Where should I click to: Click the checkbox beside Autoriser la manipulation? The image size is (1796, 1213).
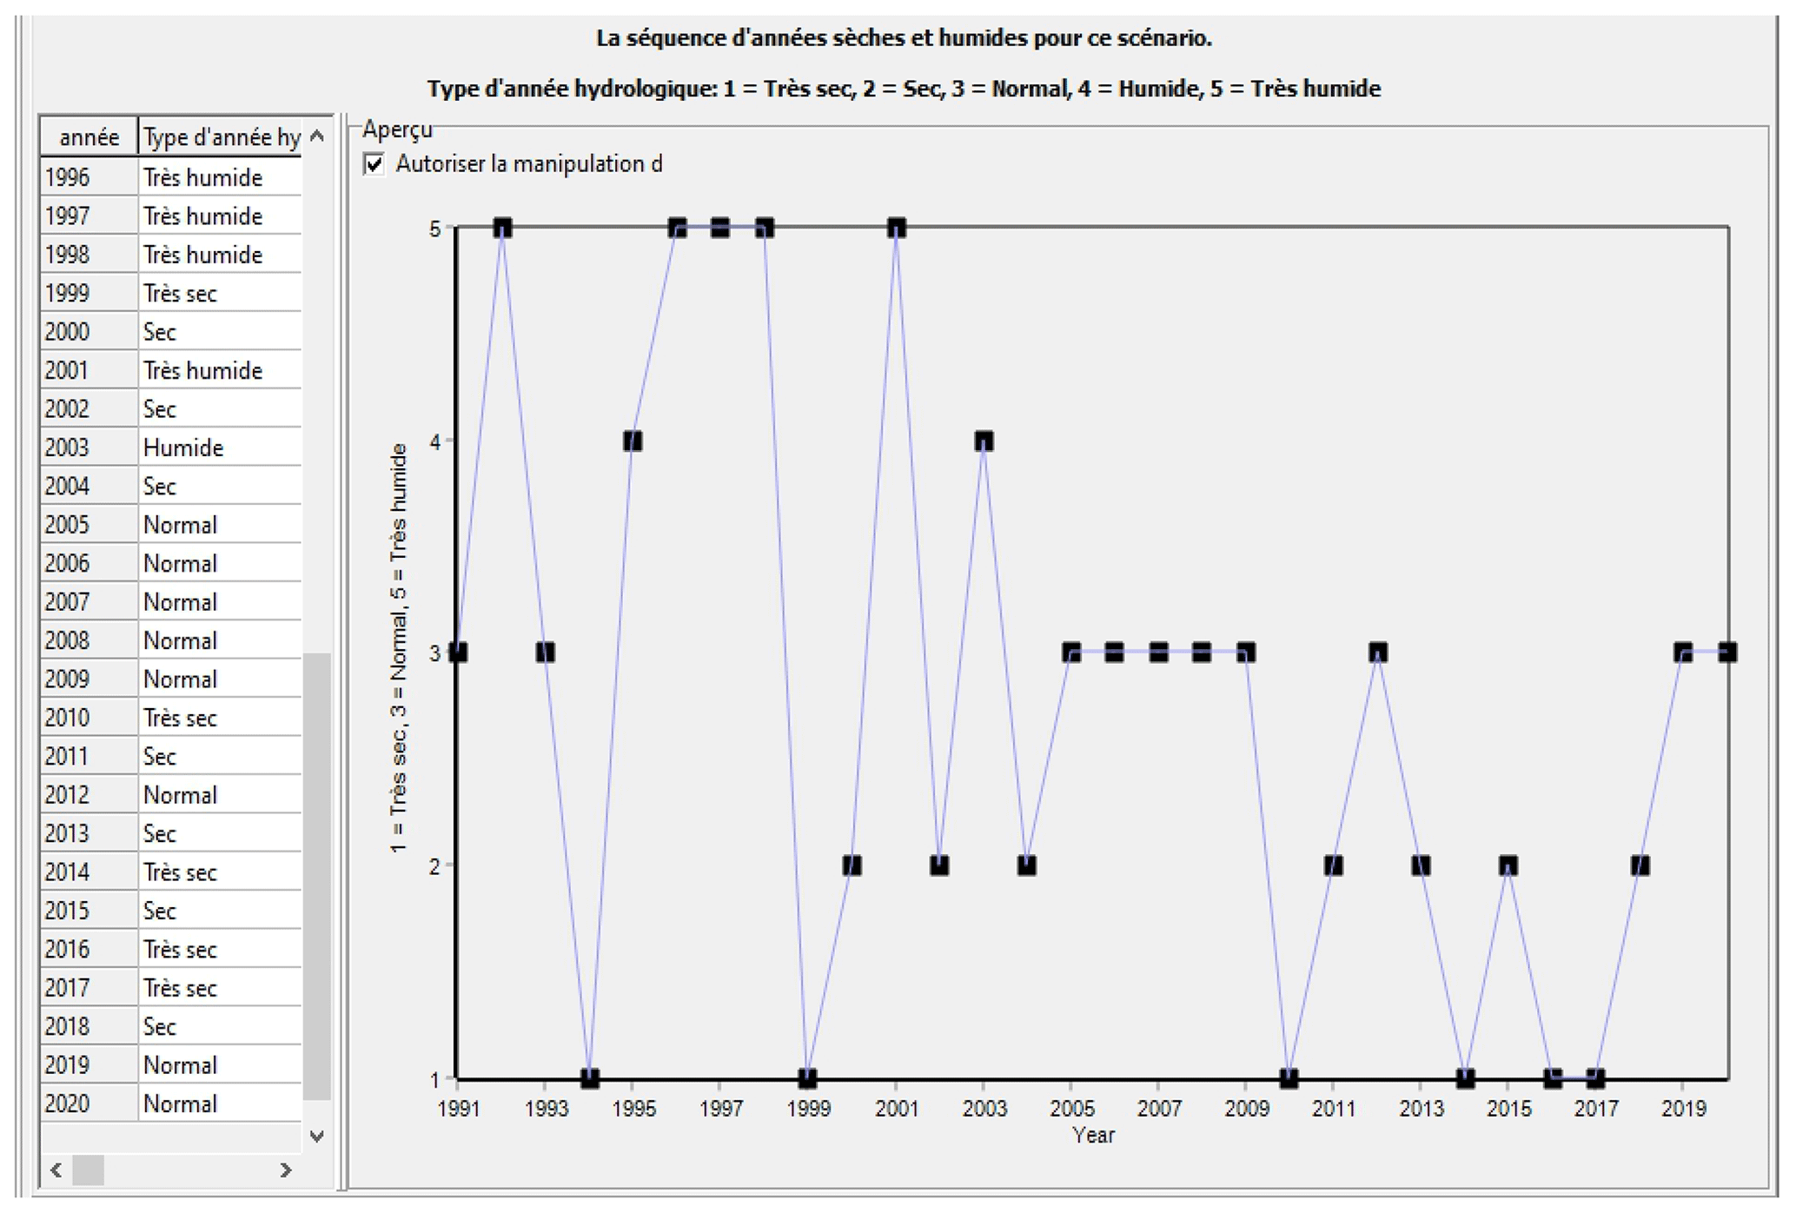(x=374, y=163)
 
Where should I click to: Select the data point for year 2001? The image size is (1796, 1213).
(x=897, y=229)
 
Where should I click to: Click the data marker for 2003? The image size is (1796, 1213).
(x=984, y=441)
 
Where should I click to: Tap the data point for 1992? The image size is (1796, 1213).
(x=502, y=229)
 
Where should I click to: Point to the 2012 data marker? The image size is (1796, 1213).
(x=1377, y=653)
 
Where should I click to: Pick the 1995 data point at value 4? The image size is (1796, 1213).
(x=633, y=441)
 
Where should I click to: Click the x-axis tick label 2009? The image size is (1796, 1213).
(x=1246, y=1109)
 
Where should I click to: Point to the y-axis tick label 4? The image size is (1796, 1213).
(x=434, y=441)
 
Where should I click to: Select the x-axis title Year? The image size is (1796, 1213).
(x=1092, y=1135)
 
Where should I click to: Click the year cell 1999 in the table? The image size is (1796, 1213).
(x=68, y=294)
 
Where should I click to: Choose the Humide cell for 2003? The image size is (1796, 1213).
(x=183, y=448)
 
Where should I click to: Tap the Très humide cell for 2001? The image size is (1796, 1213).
(x=202, y=371)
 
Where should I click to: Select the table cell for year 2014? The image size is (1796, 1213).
(x=68, y=872)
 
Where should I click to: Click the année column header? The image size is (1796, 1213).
(x=89, y=137)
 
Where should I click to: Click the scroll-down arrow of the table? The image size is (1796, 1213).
(x=317, y=1136)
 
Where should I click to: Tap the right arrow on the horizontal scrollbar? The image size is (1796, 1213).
(x=285, y=1170)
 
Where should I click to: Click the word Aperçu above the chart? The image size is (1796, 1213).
(x=397, y=129)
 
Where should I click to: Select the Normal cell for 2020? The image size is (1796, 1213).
(x=180, y=1104)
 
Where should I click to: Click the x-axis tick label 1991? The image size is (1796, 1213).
(x=459, y=1109)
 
